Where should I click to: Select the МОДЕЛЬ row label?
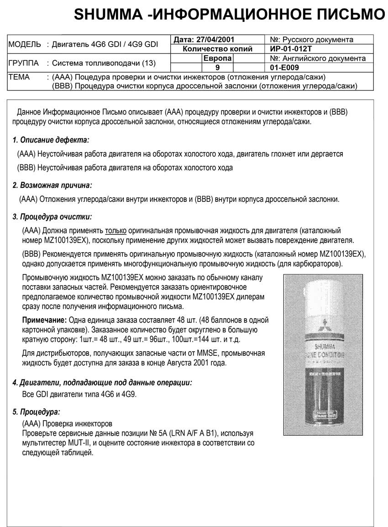pos(25,44)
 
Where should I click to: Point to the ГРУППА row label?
pos(24,63)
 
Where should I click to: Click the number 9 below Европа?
pos(217,68)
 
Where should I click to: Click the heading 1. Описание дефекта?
pos(51,140)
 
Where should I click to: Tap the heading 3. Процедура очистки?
pos(52,216)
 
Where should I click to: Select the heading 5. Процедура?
pos(36,412)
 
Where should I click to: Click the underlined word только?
pos(115,231)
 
